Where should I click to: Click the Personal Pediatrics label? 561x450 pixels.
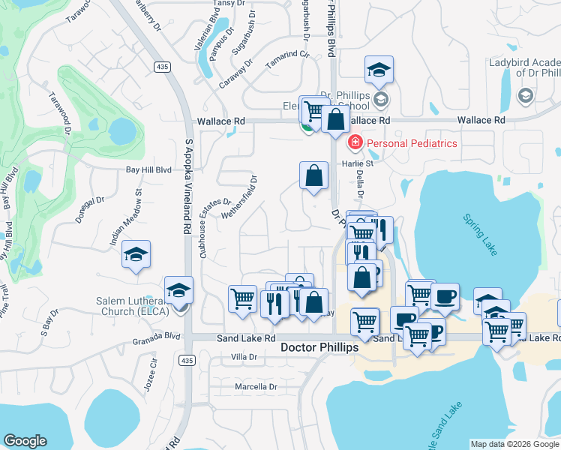point(411,142)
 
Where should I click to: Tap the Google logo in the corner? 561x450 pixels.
point(25,441)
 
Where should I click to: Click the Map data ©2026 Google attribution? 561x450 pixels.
point(514,444)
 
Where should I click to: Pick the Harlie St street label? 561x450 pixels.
point(359,163)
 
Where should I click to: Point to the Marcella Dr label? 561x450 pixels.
point(256,387)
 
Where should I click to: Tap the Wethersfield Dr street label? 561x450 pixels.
point(241,196)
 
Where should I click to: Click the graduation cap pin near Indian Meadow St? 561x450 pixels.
point(136,255)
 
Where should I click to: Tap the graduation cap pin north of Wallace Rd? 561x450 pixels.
point(379,70)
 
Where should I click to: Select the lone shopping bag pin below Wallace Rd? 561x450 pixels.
point(314,177)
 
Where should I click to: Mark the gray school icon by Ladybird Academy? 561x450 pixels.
point(525,95)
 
